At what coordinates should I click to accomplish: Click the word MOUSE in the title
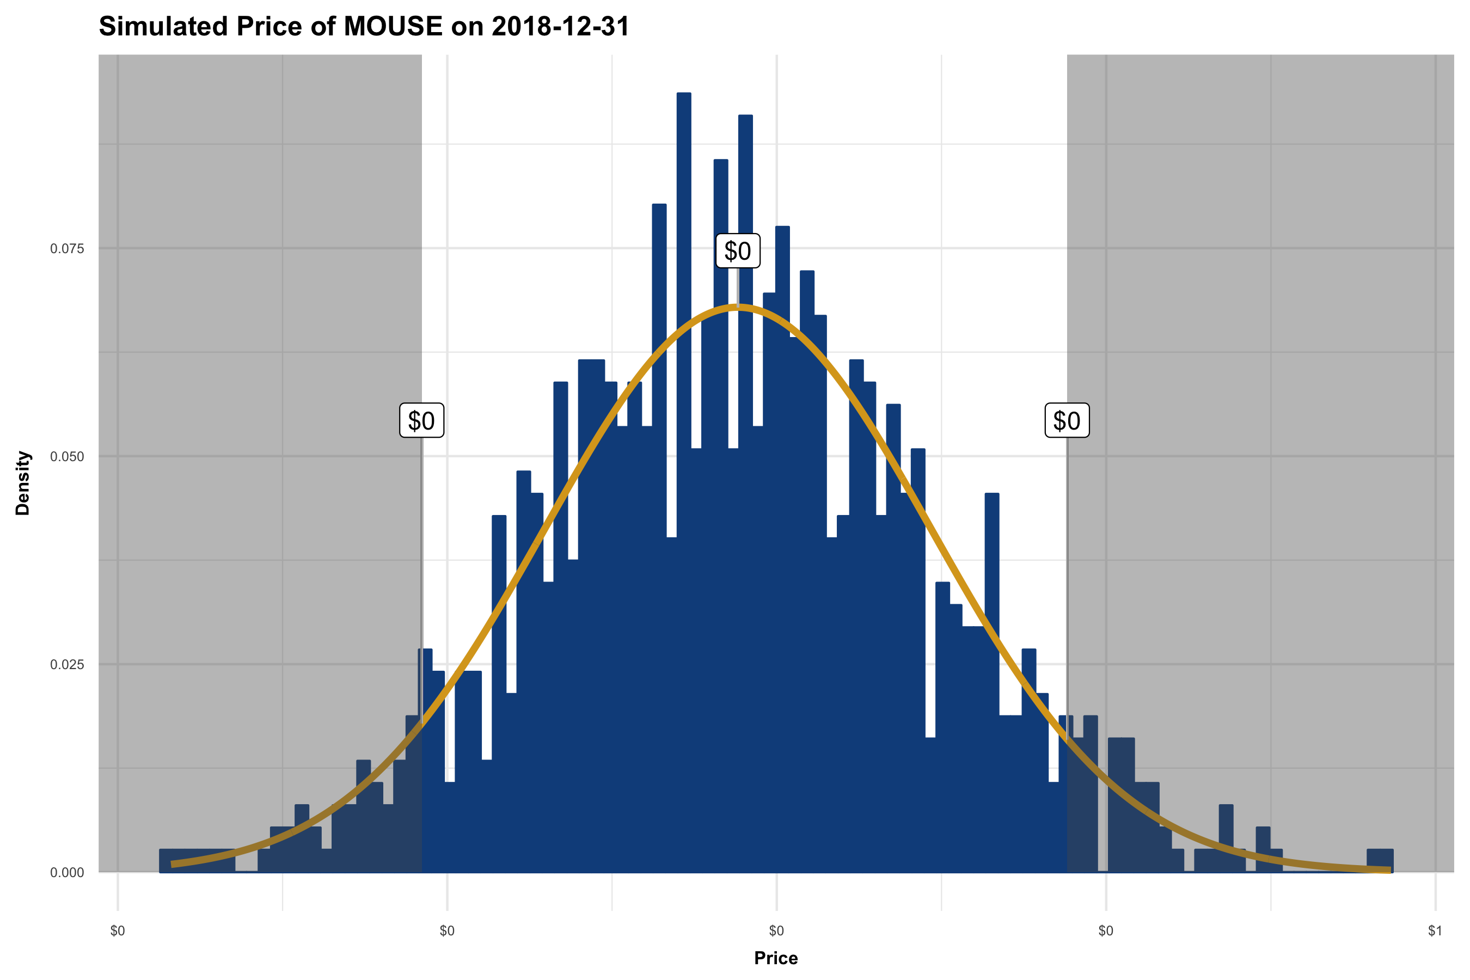pos(393,27)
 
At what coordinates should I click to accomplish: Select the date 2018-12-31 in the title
pos(561,27)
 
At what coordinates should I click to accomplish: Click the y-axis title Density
pos(23,483)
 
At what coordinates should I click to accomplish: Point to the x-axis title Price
pos(776,958)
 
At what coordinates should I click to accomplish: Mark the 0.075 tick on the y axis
pos(67,249)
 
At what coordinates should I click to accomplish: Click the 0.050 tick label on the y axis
pos(67,457)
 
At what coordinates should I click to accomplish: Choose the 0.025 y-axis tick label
pos(67,664)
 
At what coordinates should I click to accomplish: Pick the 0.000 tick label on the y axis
pos(67,873)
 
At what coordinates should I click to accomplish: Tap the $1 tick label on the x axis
pos(1435,931)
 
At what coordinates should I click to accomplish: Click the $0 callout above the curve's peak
pos(738,251)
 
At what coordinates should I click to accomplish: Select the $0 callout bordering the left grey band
pos(421,421)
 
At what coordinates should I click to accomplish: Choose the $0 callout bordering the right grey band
pos(1067,421)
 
